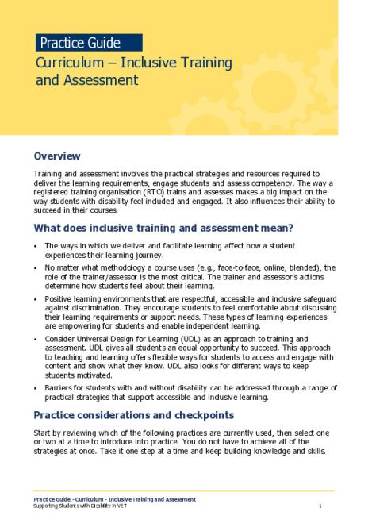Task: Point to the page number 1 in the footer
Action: [319, 506]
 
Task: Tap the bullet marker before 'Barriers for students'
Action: [36, 387]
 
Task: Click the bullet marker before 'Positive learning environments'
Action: [36, 298]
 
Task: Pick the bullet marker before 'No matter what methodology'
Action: [36, 268]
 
